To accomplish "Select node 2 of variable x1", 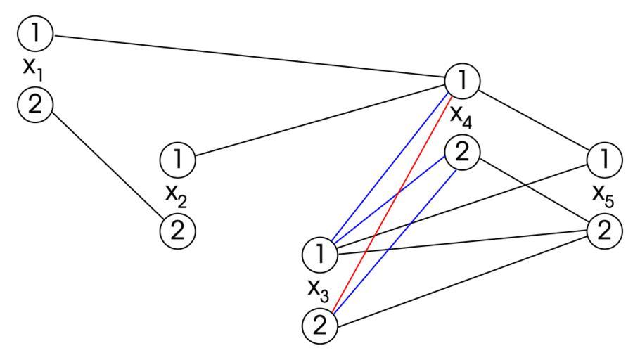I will [35, 105].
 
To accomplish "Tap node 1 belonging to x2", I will [178, 160].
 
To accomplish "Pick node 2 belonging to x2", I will [178, 231].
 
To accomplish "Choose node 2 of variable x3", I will [319, 325].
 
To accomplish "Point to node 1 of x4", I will [462, 82].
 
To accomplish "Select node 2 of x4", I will [462, 152].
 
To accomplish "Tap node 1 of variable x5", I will [604, 159].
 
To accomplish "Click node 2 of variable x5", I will [604, 230].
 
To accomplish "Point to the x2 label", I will [177, 195].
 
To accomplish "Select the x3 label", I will [318, 289].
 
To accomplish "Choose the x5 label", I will [603, 195].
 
